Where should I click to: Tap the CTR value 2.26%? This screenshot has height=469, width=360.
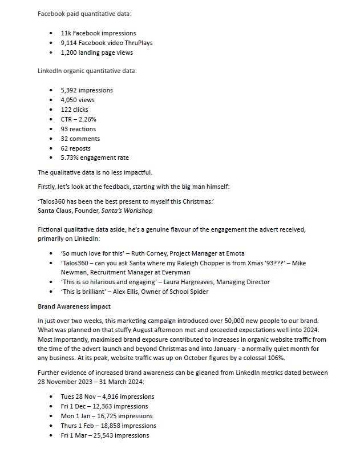pyautogui.click(x=87, y=119)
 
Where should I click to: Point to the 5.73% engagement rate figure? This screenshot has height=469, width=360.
pyautogui.click(x=71, y=158)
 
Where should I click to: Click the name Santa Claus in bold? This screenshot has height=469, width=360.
pyautogui.click(x=55, y=211)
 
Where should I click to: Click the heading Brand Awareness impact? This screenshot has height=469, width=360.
pyautogui.click(x=74, y=306)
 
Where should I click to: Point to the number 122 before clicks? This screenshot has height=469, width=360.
pyautogui.click(x=67, y=110)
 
